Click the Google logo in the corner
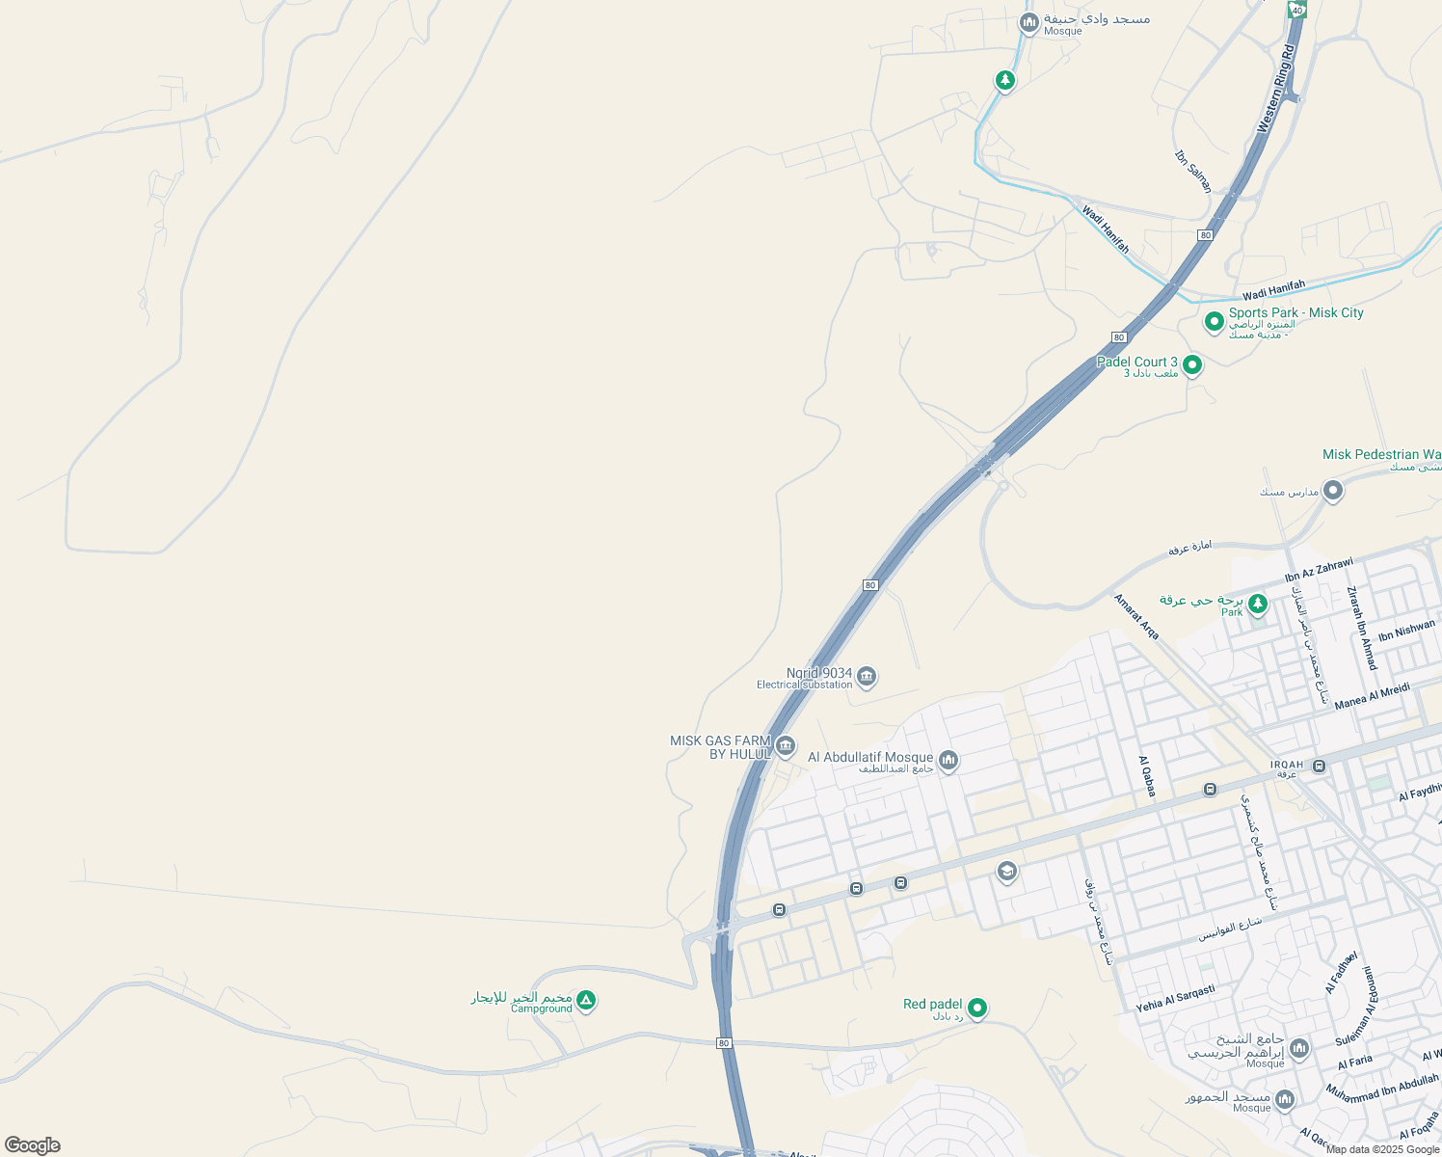coord(32,1145)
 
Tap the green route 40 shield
coord(1296,9)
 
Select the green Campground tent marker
coord(587,1001)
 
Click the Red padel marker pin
coord(977,1008)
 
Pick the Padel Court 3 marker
coord(1192,364)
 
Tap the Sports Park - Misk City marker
coord(1215,319)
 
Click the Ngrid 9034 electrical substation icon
coord(867,677)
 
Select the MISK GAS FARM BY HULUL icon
coord(786,746)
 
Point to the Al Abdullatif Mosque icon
coord(948,762)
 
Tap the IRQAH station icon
coord(1319,766)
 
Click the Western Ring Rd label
coord(1277,88)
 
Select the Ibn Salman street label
coord(1193,171)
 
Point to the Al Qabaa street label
coord(1147,776)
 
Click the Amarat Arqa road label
coord(1136,616)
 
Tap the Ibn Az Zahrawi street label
coord(1319,570)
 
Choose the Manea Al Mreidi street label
coord(1373,695)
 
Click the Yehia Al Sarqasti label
coord(1175,998)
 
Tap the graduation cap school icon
coord(1006,873)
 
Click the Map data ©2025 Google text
coord(1382,1149)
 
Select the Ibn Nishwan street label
coord(1406,631)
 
